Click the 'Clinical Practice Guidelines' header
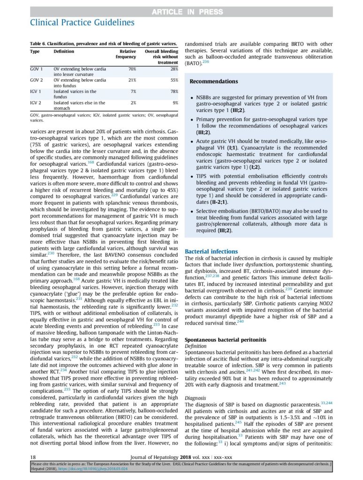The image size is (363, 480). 82,22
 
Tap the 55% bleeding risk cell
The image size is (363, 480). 173,80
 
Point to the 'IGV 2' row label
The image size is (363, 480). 36,103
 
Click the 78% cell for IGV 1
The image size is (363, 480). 173,91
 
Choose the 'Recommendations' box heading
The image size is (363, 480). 213,82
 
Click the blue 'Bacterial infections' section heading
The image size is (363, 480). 211,252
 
